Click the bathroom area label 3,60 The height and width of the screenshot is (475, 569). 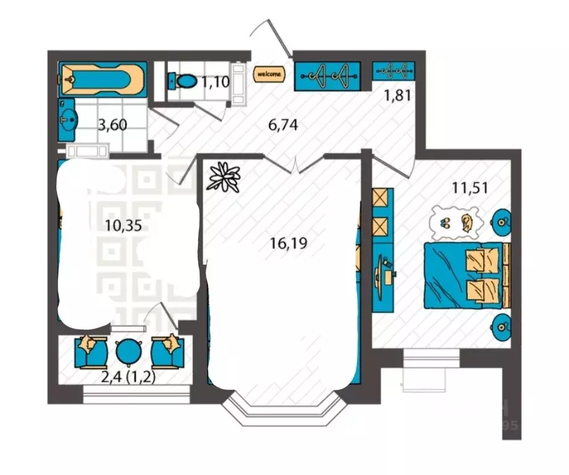coord(113,126)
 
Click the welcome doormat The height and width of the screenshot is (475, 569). coord(269,74)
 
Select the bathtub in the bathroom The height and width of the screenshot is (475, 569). coord(103,79)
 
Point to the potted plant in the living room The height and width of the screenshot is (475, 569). coord(224,176)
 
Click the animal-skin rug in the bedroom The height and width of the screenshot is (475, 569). coord(457,221)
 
